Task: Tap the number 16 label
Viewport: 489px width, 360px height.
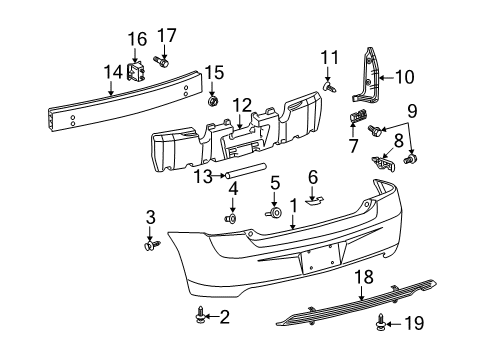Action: point(137,39)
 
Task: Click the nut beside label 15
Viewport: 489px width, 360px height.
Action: point(212,102)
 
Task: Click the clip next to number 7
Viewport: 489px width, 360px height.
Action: point(355,120)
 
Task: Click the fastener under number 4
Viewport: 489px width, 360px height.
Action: point(231,218)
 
